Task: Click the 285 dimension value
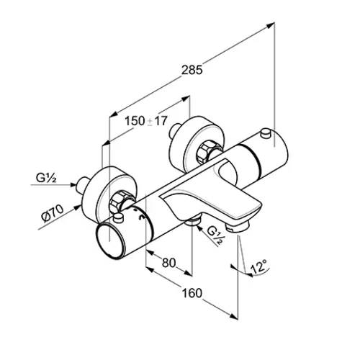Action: click(x=192, y=70)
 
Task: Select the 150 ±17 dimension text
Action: click(x=145, y=121)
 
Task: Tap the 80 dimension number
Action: click(x=168, y=263)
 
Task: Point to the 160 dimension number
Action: click(x=192, y=293)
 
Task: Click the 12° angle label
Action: click(x=259, y=267)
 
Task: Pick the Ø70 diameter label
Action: click(x=53, y=213)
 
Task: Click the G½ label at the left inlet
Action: click(x=46, y=178)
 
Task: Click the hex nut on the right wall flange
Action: click(x=205, y=153)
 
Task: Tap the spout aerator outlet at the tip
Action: click(x=238, y=227)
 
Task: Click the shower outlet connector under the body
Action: click(x=192, y=221)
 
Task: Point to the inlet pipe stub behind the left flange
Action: click(x=82, y=185)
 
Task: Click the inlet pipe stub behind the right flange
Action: click(x=175, y=131)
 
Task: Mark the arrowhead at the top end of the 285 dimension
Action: click(x=271, y=25)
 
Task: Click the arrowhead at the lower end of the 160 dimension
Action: click(x=234, y=317)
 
